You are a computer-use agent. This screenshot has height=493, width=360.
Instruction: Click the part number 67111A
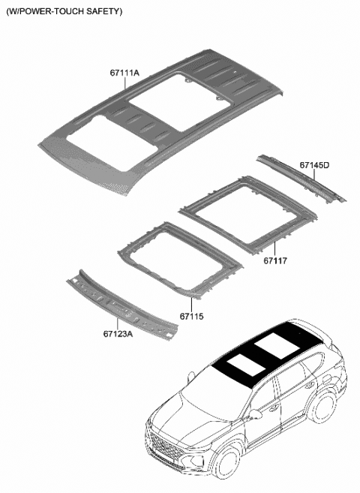pos(124,73)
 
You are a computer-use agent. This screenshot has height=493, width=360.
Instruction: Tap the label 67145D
pos(315,164)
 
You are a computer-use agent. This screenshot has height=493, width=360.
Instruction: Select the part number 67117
pos(275,260)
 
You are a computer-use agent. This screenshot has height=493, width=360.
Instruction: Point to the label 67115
pos(191,317)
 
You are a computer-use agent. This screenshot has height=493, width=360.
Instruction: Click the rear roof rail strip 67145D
pos(300,177)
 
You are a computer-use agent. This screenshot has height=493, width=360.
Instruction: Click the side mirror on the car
pos(255,413)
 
